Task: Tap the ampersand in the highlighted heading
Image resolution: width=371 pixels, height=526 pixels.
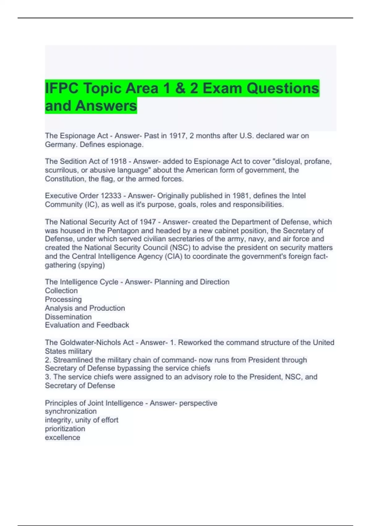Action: tap(180, 88)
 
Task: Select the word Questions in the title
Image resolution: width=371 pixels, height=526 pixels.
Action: tap(283, 88)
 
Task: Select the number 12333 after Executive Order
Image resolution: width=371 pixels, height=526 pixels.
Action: tap(111, 196)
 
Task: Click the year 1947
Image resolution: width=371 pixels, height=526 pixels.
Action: tap(148, 222)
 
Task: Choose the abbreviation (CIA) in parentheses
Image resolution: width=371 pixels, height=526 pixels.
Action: tap(174, 257)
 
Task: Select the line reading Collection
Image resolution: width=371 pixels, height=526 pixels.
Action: tap(61, 291)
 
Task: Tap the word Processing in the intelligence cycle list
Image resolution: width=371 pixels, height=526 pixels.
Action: tap(63, 300)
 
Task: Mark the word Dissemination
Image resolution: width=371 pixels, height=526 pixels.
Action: tap(68, 317)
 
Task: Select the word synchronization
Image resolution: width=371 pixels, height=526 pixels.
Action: tap(71, 412)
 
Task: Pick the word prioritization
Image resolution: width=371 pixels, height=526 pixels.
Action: tap(65, 429)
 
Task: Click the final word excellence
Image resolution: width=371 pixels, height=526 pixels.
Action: tap(62, 438)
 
